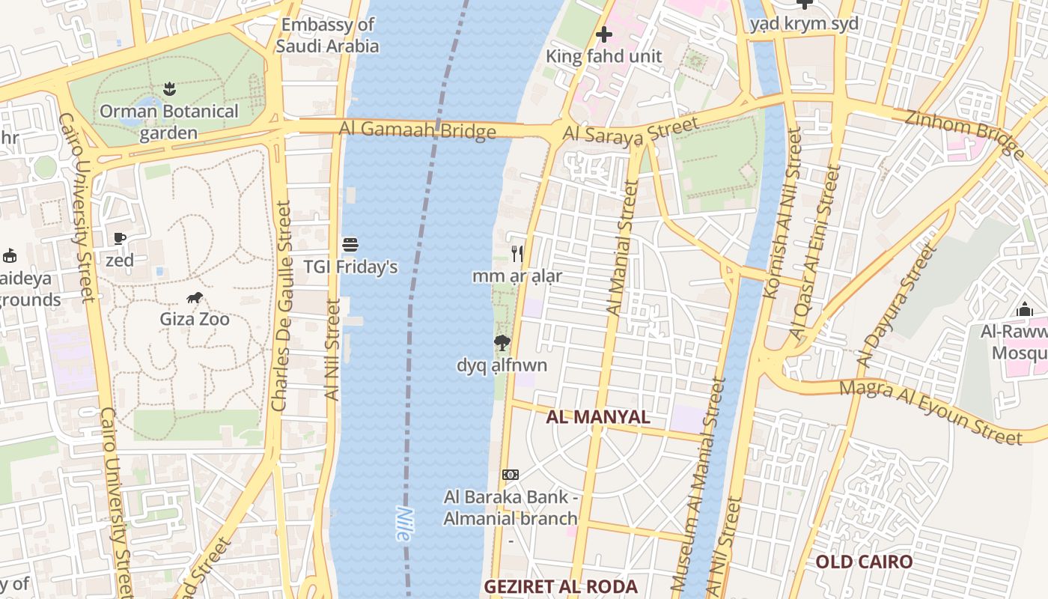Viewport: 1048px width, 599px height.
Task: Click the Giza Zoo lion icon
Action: (195, 298)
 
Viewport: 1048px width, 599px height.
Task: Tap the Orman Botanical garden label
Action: (169, 122)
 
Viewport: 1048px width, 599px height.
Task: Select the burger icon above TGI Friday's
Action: (350, 245)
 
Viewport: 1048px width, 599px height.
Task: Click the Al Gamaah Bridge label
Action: (417, 130)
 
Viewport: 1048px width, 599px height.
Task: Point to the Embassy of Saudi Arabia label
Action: (327, 35)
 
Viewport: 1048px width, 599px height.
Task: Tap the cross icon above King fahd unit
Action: (603, 34)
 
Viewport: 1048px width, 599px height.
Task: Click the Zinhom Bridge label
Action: (964, 134)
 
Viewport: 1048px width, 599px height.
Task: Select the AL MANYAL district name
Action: (598, 417)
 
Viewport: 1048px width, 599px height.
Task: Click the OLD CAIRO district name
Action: (864, 562)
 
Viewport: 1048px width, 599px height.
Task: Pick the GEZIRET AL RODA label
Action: (560, 586)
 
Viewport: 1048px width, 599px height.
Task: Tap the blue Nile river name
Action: (403, 524)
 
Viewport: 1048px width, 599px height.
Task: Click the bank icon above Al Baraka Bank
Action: (511, 475)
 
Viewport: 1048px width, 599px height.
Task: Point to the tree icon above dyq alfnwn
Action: (502, 343)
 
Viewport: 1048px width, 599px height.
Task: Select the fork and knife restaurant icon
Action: (517, 253)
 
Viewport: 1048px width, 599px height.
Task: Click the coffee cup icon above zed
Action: (119, 239)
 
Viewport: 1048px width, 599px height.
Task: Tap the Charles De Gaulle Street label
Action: (281, 307)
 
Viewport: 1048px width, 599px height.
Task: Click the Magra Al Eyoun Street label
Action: (930, 412)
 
